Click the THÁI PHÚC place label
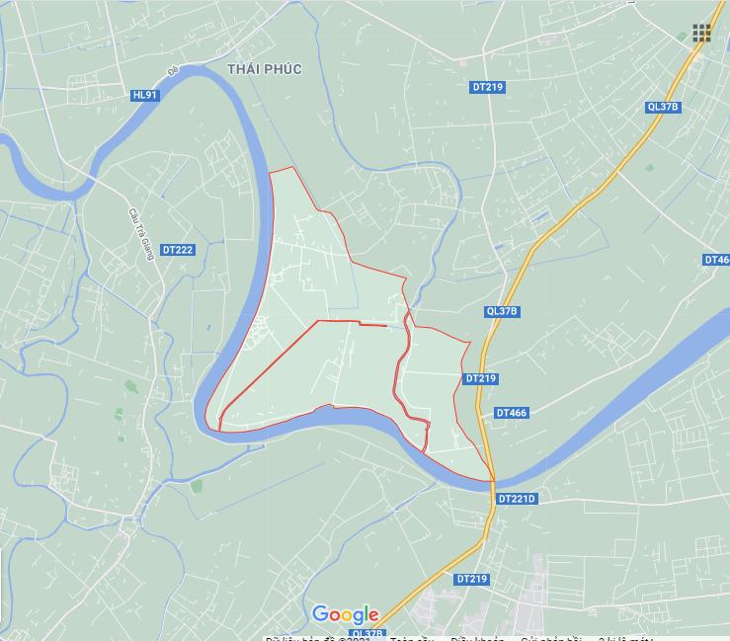point(264,68)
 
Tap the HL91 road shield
point(144,95)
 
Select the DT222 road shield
point(178,250)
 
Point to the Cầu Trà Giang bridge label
point(136,233)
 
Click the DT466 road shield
point(512,413)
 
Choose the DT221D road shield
point(516,499)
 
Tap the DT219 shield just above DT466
point(480,378)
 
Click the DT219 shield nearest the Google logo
point(473,579)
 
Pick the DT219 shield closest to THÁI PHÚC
point(486,87)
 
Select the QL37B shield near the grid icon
point(664,107)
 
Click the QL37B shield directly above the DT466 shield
point(502,311)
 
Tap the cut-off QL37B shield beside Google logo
point(366,634)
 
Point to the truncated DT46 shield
point(716,260)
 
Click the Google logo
point(346,614)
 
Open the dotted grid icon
point(701,34)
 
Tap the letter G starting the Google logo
point(320,614)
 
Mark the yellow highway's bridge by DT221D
point(491,481)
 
